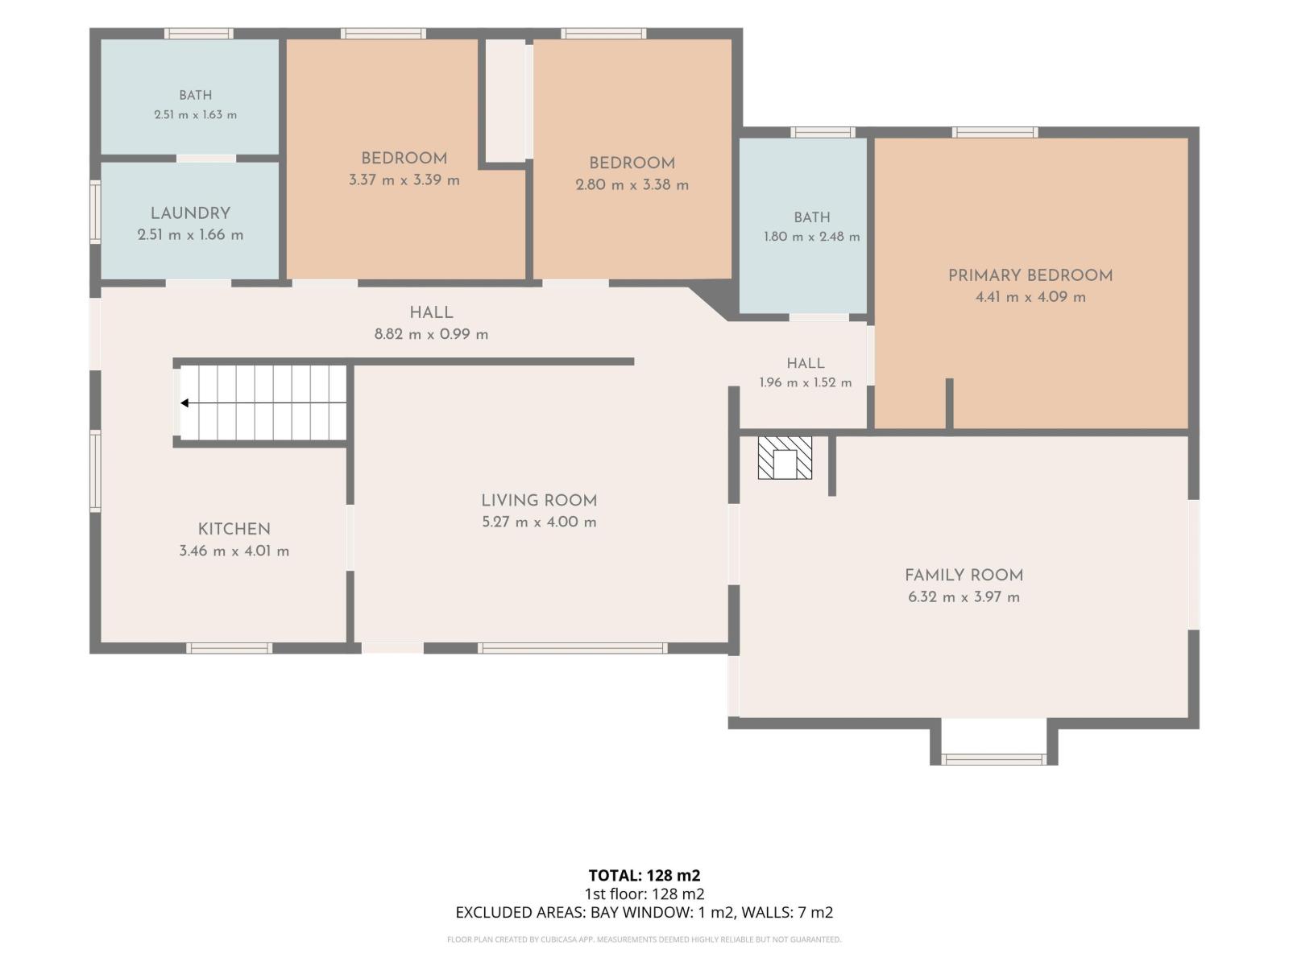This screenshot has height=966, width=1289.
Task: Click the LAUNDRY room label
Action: pyautogui.click(x=190, y=213)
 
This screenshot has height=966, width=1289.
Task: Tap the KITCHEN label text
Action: pyautogui.click(x=234, y=529)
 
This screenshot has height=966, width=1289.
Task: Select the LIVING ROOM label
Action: pyautogui.click(x=539, y=500)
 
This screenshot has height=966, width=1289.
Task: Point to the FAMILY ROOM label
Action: pyautogui.click(x=964, y=576)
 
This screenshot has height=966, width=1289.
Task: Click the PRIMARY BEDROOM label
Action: pyautogui.click(x=1030, y=275)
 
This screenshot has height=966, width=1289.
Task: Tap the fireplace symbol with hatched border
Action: pyautogui.click(x=785, y=458)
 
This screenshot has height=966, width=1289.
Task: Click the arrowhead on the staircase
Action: pyautogui.click(x=184, y=403)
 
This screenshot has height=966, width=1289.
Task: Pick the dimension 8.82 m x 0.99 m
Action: pyautogui.click(x=432, y=334)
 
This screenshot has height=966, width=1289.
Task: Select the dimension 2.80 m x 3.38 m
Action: pyautogui.click(x=632, y=185)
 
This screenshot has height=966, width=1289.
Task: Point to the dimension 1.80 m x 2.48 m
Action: pyautogui.click(x=812, y=237)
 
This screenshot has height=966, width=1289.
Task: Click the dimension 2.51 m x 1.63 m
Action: pyautogui.click(x=196, y=114)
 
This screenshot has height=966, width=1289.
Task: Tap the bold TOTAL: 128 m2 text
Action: pyautogui.click(x=644, y=876)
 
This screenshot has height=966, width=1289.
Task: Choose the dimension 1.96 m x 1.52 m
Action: pyautogui.click(x=806, y=382)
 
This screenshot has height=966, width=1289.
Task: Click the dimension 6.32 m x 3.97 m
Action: pyautogui.click(x=964, y=597)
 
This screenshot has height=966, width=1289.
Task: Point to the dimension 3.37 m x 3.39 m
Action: pyautogui.click(x=404, y=180)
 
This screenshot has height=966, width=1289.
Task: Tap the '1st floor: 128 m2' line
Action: pyautogui.click(x=644, y=894)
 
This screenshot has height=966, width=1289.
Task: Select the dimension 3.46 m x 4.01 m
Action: pyautogui.click(x=234, y=551)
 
